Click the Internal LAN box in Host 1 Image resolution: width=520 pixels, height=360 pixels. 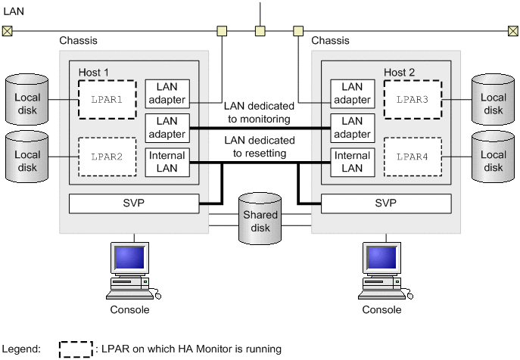pos(167,162)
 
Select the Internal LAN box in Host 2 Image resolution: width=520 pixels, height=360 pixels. pos(352,162)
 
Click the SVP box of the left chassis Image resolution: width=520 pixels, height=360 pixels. pos(133,204)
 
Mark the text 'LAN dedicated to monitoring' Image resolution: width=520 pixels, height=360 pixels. pos(259,113)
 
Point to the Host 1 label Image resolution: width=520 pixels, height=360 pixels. pos(94,72)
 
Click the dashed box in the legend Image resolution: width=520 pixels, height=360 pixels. pos(76,349)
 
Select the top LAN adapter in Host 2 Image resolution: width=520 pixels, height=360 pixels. pos(352,93)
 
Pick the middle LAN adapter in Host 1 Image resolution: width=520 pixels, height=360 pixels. pos(167,127)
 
